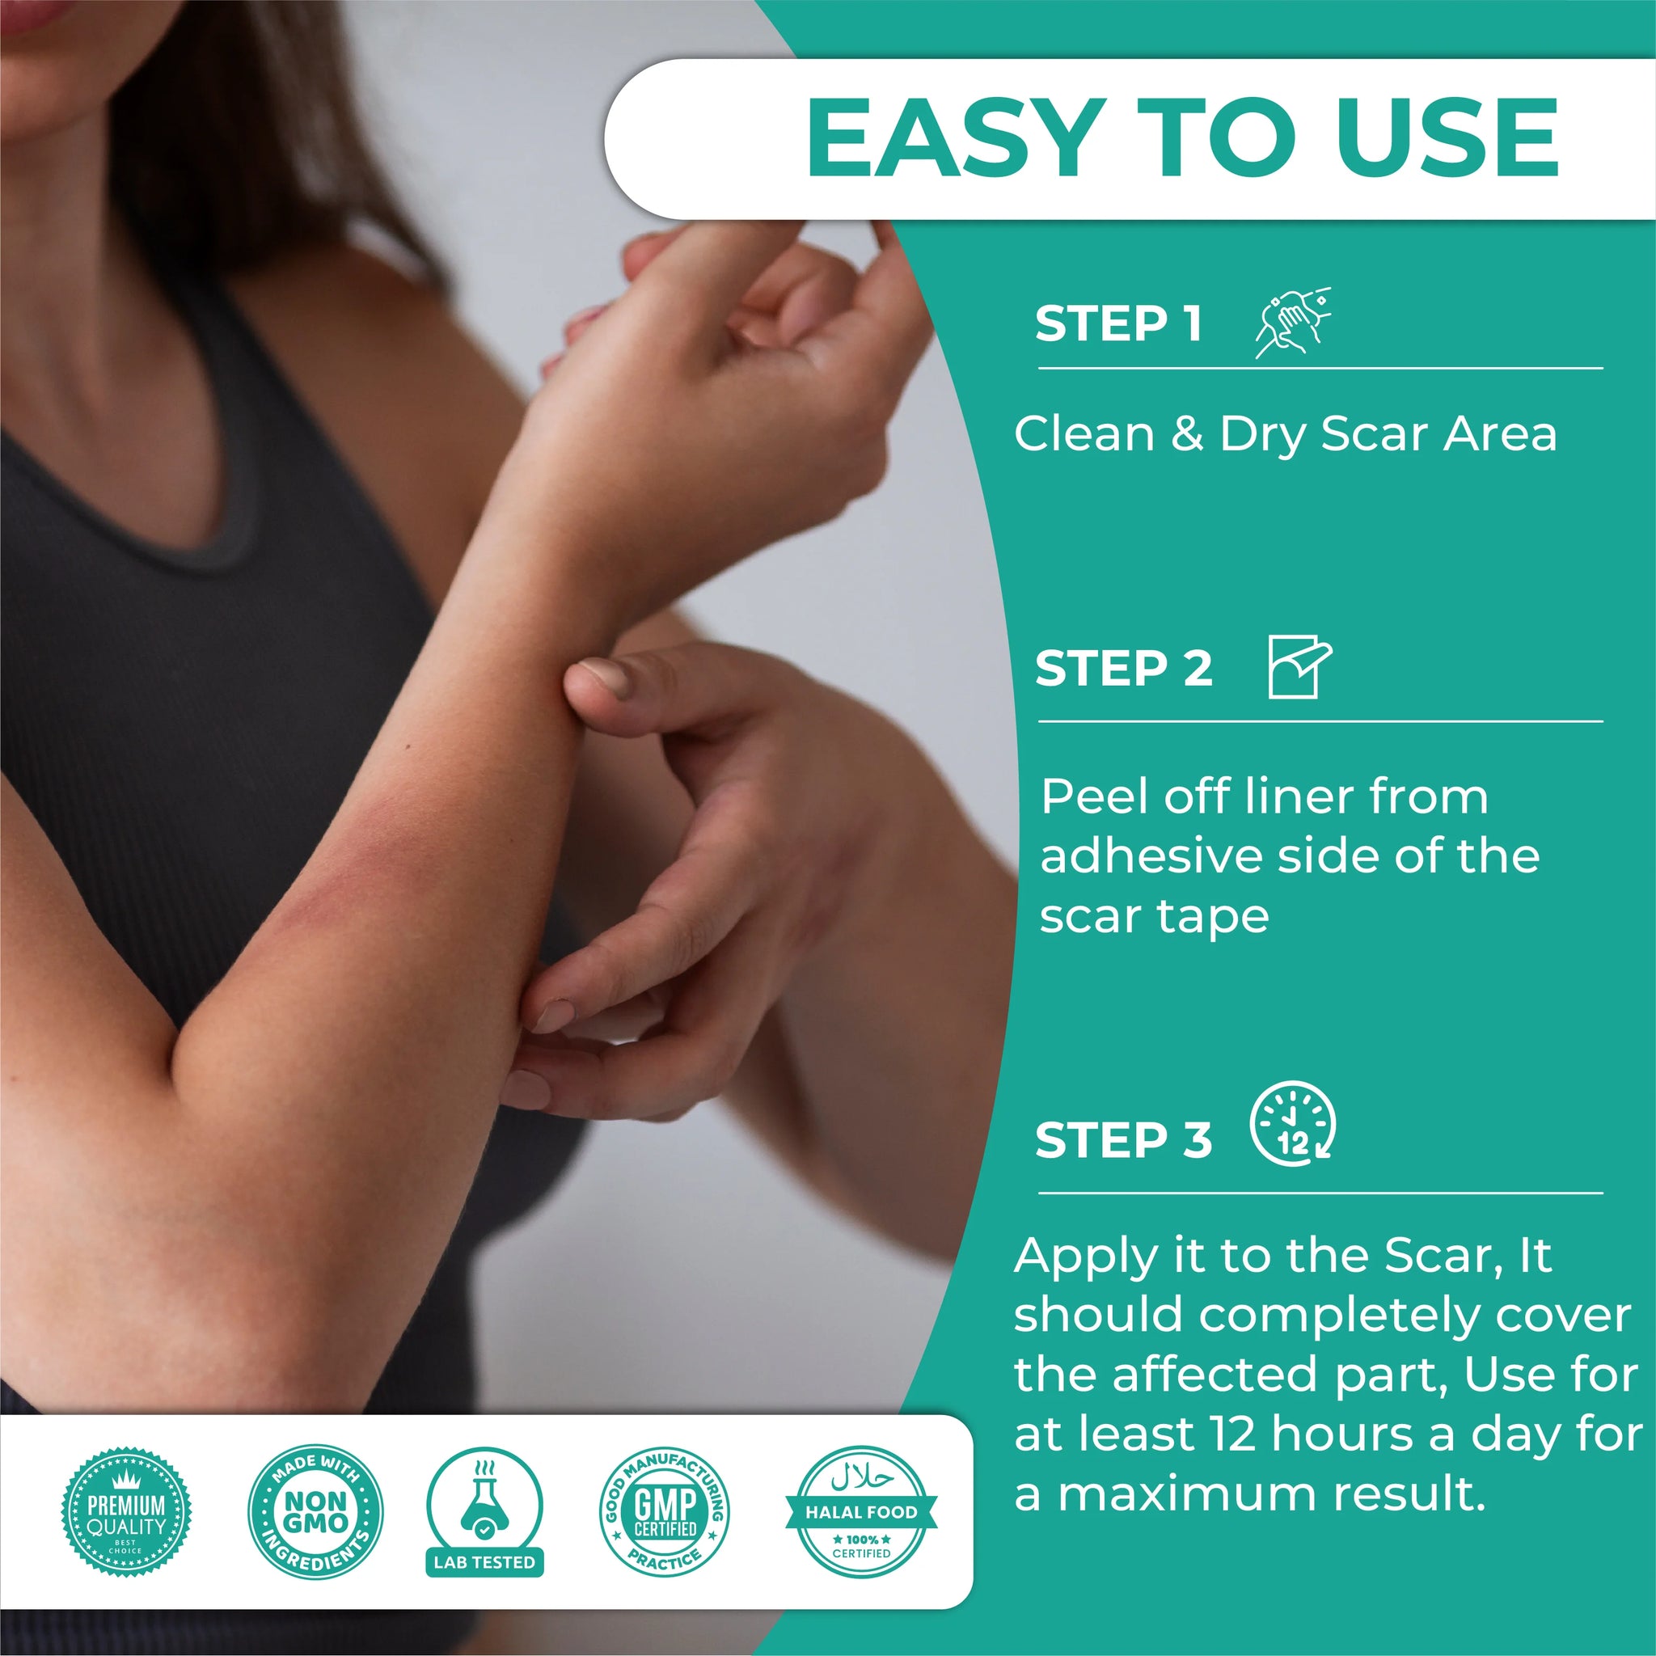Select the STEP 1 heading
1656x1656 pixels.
[x=1117, y=323]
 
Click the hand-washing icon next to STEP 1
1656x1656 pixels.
[x=1293, y=323]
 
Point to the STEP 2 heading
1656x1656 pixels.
[x=1123, y=668]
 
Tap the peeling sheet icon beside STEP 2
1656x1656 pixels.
[x=1299, y=667]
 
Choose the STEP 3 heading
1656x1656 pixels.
[x=1123, y=1140]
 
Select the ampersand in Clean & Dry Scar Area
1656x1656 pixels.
[x=1187, y=433]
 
